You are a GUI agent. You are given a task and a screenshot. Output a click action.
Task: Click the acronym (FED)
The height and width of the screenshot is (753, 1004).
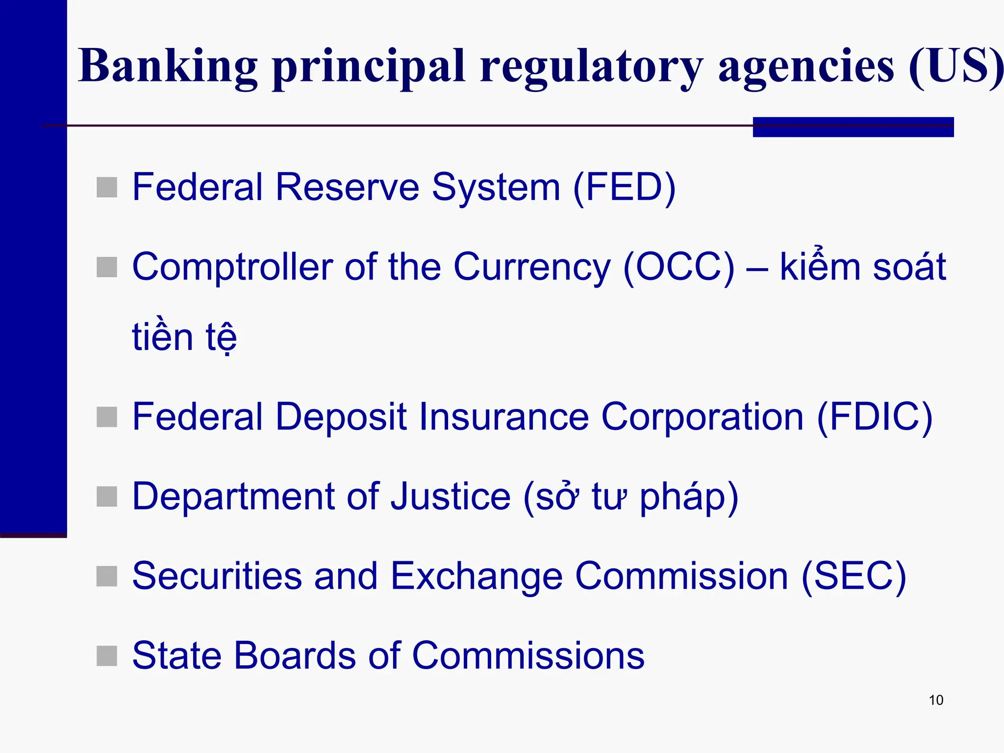[x=624, y=187]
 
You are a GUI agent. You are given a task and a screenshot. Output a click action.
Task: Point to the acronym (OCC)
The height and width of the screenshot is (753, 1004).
[x=679, y=267]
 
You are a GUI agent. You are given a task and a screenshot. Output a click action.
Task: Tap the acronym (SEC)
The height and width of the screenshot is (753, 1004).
[x=853, y=576]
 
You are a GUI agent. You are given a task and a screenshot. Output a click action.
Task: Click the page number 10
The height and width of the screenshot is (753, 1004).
[x=936, y=700]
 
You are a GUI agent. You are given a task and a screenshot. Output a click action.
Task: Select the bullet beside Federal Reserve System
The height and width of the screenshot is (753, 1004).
[x=107, y=187]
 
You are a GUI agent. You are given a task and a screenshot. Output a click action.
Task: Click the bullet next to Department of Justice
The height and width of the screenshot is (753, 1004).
[x=107, y=496]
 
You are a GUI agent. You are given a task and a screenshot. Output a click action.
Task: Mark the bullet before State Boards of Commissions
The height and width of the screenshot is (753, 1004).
[x=107, y=655]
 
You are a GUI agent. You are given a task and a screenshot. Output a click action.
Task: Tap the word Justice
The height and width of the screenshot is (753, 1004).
[x=451, y=496]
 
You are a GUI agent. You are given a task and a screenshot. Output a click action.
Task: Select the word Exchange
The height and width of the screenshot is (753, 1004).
[x=477, y=577]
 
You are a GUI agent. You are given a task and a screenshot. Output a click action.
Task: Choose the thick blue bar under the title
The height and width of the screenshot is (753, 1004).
[x=853, y=127]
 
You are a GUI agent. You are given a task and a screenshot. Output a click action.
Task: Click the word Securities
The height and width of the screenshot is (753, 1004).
[x=217, y=576]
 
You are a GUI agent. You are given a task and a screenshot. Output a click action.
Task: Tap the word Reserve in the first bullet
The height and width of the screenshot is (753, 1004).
[x=347, y=187]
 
